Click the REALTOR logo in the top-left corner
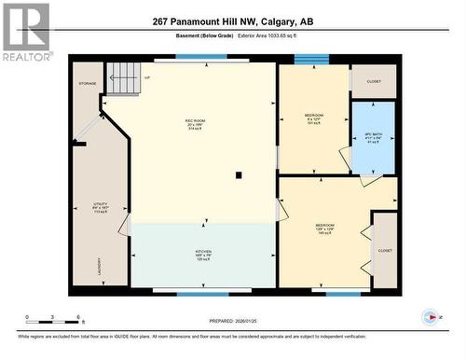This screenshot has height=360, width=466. (26, 32)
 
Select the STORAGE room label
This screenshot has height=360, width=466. (87, 83)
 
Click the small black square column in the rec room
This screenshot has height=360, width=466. (240, 174)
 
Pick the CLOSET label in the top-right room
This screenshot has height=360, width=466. (375, 81)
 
